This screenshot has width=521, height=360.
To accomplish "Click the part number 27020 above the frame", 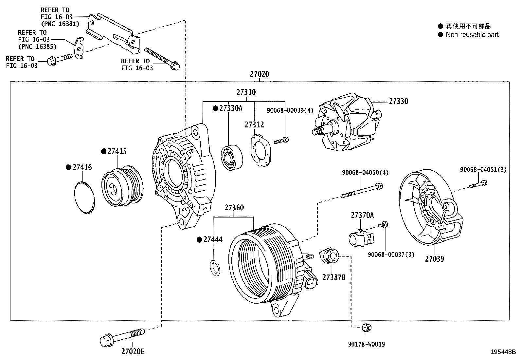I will (260, 74).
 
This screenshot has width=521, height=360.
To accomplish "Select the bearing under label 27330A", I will (232, 157).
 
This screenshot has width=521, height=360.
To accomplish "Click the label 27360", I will (234, 208).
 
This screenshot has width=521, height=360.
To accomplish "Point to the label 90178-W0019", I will (366, 344).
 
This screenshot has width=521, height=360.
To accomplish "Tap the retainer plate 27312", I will (261, 151).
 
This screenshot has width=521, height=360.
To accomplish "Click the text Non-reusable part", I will (472, 35).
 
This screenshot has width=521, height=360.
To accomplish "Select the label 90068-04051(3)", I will (483, 170).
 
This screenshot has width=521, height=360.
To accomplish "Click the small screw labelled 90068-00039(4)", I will (281, 141).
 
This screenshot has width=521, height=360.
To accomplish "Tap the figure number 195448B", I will (503, 352).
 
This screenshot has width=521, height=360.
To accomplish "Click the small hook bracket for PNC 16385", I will (79, 49).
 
